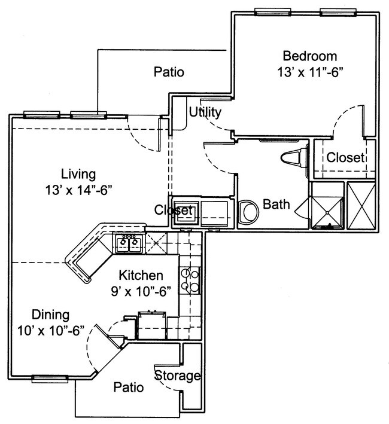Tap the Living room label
pyautogui.click(x=78, y=175)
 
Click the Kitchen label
pyautogui.click(x=141, y=276)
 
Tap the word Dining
pyautogui.click(x=50, y=315)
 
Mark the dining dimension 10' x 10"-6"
pyautogui.click(x=50, y=330)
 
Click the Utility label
pyautogui.click(x=205, y=112)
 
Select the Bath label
pyautogui.click(x=276, y=205)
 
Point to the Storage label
pyautogui.click(x=178, y=376)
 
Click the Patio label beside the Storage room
pyautogui.click(x=129, y=388)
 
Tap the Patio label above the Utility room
pyautogui.click(x=168, y=72)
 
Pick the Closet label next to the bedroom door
pyautogui.click(x=345, y=158)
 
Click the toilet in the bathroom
pyautogui.click(x=294, y=160)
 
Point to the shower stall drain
pyautogui.click(x=327, y=226)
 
